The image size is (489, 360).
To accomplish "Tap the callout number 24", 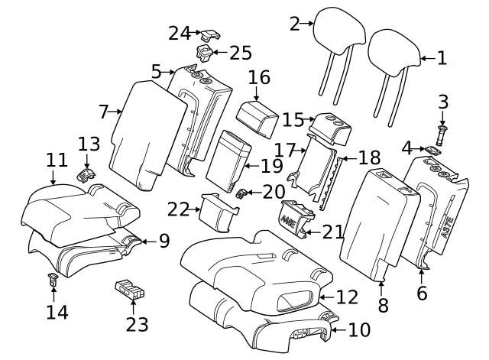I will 180,33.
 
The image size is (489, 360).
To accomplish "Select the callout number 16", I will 259,77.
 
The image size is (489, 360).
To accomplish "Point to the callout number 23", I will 137,324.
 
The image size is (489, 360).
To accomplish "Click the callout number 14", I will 56,312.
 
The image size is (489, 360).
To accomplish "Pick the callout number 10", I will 358,330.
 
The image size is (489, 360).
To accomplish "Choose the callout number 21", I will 332,232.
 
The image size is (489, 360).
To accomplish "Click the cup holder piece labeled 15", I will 332,125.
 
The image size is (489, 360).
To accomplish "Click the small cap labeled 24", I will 212,34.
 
